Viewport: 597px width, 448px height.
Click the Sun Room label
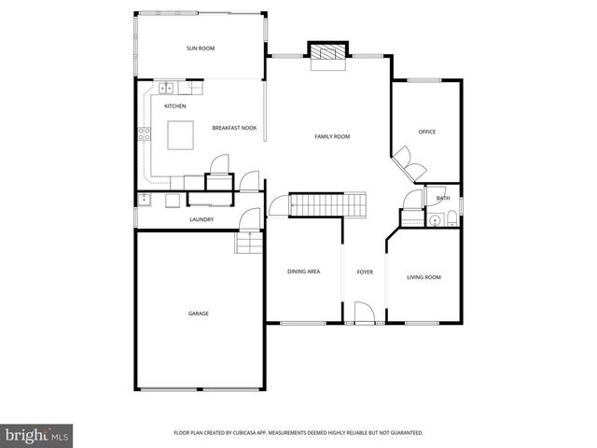point(201,48)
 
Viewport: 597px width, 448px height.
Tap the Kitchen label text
point(175,106)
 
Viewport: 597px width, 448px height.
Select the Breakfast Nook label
point(234,128)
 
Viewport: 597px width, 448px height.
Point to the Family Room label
point(331,137)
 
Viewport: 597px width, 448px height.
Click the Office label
point(427,132)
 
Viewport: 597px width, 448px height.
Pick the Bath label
point(443,198)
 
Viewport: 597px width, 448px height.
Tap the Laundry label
point(201,220)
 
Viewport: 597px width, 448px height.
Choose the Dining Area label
point(304,272)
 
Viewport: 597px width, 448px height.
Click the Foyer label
point(365,272)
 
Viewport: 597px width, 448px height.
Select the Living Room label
point(424,277)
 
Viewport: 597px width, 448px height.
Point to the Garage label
point(199,314)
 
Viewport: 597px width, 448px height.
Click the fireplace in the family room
point(327,54)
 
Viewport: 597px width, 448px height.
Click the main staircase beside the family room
point(326,203)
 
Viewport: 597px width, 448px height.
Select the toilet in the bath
point(451,220)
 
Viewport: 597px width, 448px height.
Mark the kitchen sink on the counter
point(166,89)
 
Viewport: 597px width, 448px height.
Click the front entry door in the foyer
point(364,313)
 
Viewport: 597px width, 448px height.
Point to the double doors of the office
point(408,164)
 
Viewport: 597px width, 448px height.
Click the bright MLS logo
point(37,435)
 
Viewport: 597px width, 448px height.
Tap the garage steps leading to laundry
point(249,244)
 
